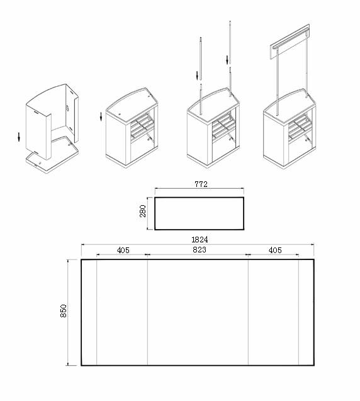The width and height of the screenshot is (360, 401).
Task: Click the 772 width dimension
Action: tap(201, 184)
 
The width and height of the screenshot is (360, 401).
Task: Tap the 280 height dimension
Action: tap(143, 212)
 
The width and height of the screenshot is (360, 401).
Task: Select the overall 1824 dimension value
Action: tap(200, 239)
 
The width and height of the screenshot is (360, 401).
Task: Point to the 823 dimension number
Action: tap(199, 250)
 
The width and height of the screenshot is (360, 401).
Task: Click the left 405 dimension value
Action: tap(123, 250)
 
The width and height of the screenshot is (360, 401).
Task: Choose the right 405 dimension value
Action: tap(274, 250)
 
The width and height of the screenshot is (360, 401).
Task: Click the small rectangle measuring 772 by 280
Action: tap(199, 213)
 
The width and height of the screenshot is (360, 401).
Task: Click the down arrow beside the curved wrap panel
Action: tap(19, 135)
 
